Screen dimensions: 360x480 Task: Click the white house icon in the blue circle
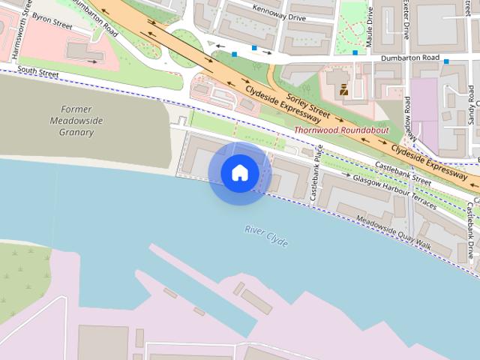click(x=239, y=173)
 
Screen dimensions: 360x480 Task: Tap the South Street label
click(x=37, y=71)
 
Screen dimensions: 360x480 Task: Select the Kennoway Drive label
click(x=280, y=13)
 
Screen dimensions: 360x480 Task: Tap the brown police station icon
click(x=344, y=90)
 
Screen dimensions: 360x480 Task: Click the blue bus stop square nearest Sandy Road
click(x=446, y=61)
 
